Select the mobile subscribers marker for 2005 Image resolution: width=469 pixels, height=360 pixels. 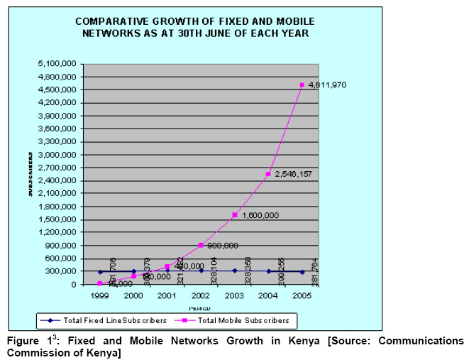coord(302,85)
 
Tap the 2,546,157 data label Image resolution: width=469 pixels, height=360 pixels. coord(293,174)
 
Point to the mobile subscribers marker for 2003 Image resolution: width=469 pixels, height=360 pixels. coord(235,215)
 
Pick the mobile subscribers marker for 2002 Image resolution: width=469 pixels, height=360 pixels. coord(201,245)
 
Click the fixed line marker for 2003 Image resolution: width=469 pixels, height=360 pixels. coord(235,271)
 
